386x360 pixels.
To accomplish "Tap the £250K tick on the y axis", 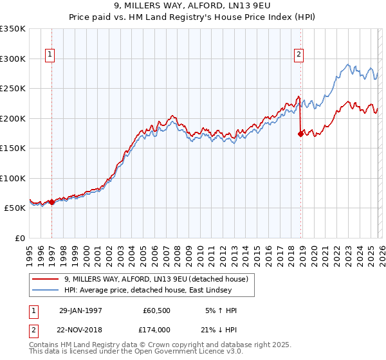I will tap(13, 88).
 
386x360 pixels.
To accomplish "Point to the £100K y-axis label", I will tap(13, 178).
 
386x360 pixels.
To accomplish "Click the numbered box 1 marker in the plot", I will tap(50, 55).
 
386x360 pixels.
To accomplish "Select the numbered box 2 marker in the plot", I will tap(299, 55).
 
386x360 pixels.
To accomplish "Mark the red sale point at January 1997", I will tap(52, 202).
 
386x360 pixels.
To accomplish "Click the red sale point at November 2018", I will tap(300, 134).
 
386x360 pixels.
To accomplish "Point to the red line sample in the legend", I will tap(46, 279).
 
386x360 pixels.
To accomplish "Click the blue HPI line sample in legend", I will tap(46, 290).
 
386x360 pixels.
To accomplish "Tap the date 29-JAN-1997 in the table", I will tap(80, 310).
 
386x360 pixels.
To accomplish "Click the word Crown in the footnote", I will tap(154, 345).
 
